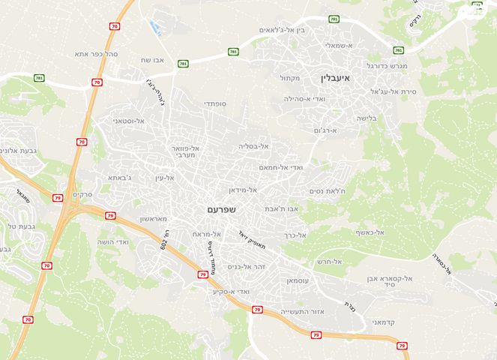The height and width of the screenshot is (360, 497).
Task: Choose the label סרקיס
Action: (82, 195)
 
